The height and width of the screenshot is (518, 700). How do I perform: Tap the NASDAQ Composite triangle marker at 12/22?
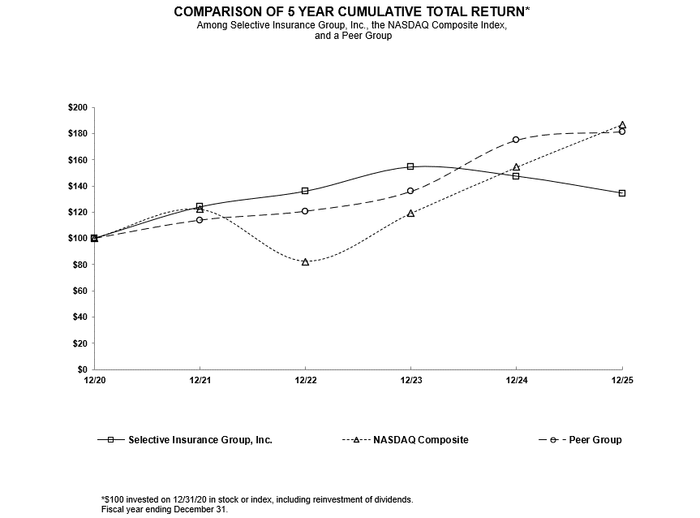pos(305,261)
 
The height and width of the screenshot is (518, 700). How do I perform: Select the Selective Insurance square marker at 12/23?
pos(410,166)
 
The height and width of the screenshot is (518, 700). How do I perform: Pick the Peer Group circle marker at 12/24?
pos(516,140)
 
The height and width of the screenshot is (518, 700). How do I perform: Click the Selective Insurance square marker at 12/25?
pos(622,193)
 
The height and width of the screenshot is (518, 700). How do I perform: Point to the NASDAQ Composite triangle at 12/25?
pos(622,125)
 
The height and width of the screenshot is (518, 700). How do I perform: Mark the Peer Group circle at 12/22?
pos(305,211)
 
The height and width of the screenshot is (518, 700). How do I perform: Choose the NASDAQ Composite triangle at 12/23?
pos(410,213)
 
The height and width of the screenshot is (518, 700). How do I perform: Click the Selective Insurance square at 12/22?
pos(305,191)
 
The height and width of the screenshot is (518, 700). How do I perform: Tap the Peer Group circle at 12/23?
pos(410,191)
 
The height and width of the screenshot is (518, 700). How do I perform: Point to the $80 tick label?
pos(79,265)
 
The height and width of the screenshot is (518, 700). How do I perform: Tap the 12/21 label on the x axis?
pos(200,379)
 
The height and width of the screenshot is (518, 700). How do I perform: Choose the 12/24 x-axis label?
pos(516,379)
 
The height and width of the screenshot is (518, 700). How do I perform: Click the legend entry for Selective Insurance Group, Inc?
pos(200,440)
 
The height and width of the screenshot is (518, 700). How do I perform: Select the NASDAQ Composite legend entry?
pos(420,440)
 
